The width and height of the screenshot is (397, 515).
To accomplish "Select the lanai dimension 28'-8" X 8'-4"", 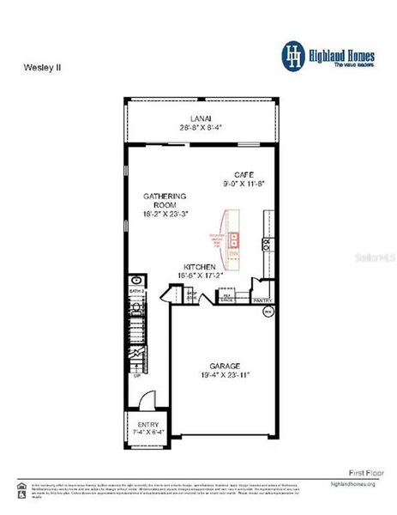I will pos(201,127).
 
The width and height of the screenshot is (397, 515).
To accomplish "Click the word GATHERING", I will pos(165,197).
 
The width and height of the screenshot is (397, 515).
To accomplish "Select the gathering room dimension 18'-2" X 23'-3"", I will pos(165,215).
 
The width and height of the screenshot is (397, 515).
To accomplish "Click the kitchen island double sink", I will pos(232,241).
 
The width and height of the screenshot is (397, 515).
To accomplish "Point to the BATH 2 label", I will pos(135,293).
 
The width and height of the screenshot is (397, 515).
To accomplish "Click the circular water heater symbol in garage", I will pos(268,312).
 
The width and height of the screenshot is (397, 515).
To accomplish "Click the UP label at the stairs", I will pos(135,375).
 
